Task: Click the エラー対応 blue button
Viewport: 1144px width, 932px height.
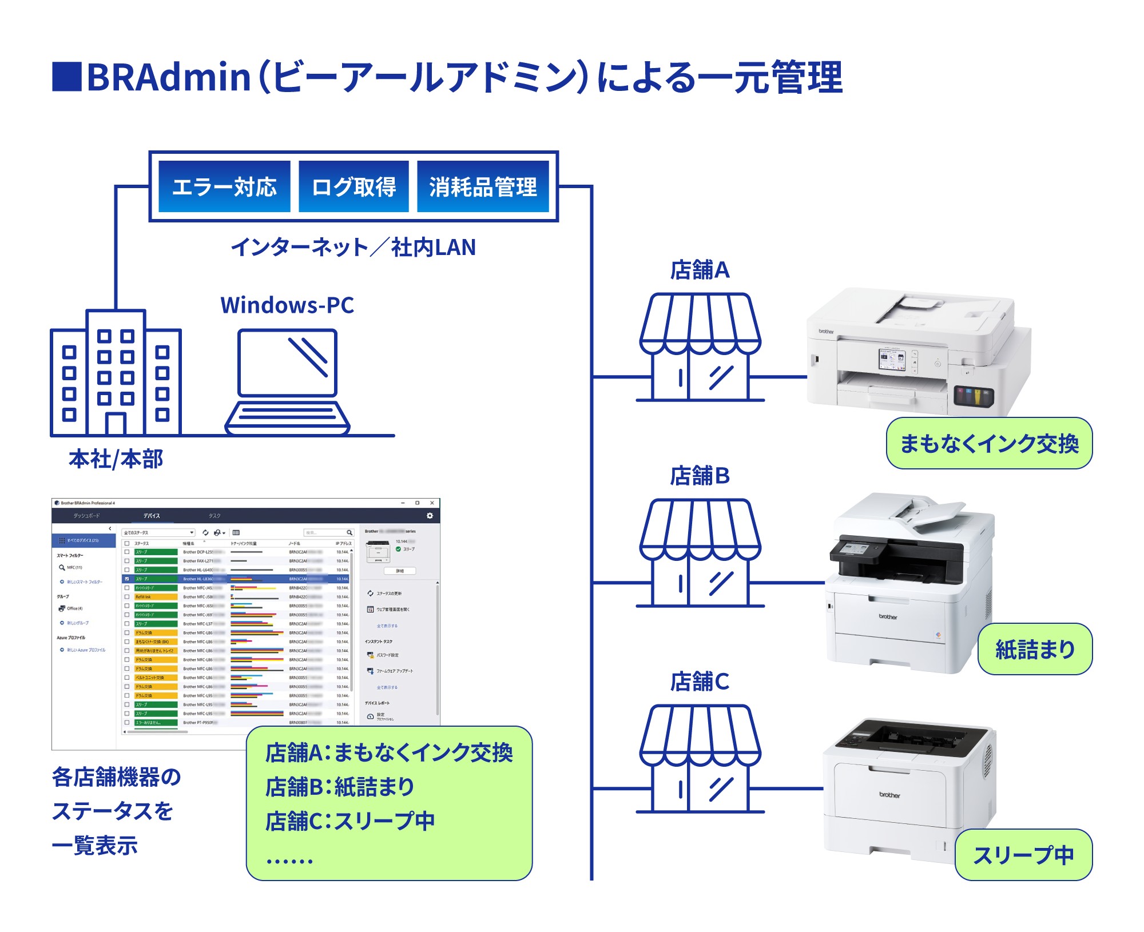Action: click(x=224, y=186)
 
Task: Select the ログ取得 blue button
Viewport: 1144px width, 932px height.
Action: click(x=353, y=186)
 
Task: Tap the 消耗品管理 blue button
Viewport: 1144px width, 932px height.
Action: click(x=483, y=186)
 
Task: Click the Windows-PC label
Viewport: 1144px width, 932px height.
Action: click(x=287, y=305)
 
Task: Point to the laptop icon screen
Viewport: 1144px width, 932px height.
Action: click(x=287, y=363)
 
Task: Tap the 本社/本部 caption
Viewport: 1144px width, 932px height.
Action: click(x=116, y=459)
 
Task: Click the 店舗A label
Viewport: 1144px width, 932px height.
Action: click(x=700, y=270)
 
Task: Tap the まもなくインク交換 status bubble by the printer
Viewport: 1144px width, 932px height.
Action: click(x=989, y=443)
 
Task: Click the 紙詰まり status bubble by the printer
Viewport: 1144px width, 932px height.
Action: click(x=1035, y=649)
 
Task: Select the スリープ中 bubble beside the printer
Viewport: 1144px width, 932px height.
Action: click(x=1023, y=855)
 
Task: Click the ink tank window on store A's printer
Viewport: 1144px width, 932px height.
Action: click(x=974, y=396)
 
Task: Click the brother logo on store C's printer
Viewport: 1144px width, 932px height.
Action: click(x=889, y=795)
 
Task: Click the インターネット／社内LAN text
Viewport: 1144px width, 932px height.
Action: click(x=353, y=247)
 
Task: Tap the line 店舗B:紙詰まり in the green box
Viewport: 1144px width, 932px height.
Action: click(x=340, y=787)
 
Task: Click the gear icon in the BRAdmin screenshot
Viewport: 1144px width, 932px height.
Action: click(x=430, y=516)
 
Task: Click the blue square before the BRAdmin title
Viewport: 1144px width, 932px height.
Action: click(x=67, y=77)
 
